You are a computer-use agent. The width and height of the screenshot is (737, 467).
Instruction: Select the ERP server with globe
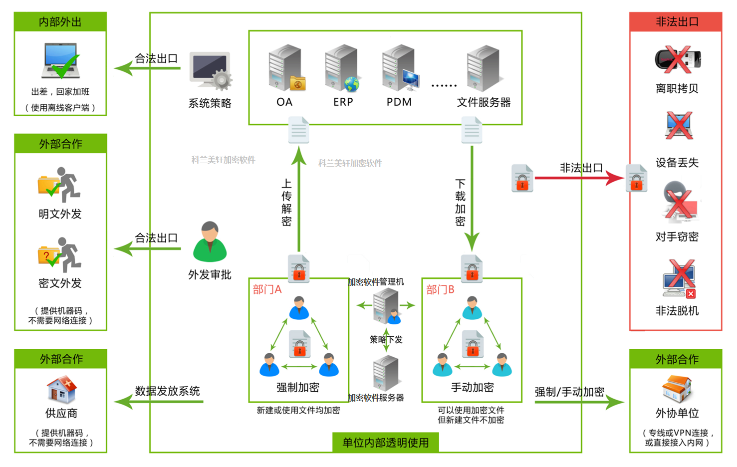point(343,68)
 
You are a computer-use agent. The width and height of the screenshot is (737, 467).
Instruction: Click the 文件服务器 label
point(484,102)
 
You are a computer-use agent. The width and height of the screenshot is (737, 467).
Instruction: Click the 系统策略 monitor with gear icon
point(210,71)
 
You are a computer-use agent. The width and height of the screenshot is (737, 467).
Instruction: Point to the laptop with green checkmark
point(61,61)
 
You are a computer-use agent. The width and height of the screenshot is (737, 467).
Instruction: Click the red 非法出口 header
point(676,22)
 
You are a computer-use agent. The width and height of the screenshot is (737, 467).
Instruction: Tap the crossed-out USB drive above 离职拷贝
point(678,59)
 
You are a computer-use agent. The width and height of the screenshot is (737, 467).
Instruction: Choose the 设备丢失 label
point(677,162)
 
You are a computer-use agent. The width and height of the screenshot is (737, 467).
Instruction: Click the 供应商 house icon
point(61,389)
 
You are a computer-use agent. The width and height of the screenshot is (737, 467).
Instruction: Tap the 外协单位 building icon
point(677,389)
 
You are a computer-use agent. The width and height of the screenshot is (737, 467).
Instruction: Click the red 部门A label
point(267,290)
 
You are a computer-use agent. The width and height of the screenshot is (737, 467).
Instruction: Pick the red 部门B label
point(440,290)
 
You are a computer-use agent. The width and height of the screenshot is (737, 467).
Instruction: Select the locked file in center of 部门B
point(472,344)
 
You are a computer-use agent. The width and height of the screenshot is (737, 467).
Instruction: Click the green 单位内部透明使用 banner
point(385,443)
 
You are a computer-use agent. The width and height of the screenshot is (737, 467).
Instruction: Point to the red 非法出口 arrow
point(579,178)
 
